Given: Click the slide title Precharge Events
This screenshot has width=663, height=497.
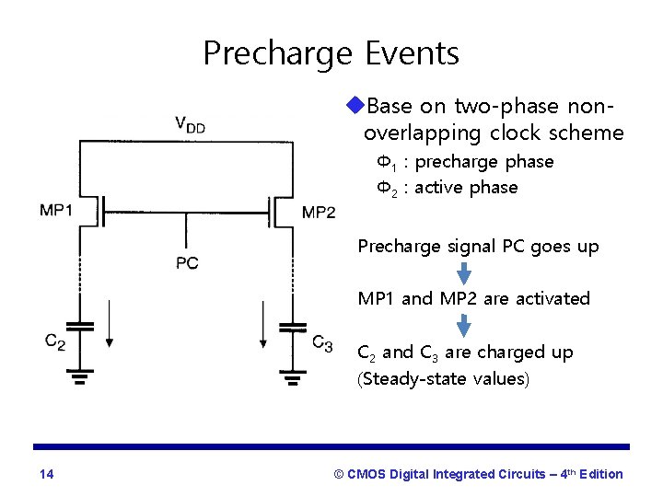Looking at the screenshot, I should point(331,53).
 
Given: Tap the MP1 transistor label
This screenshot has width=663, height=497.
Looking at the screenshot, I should point(56,211).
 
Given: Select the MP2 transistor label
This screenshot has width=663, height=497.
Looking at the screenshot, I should point(319,213).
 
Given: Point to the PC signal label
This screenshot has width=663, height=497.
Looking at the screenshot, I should point(187,263).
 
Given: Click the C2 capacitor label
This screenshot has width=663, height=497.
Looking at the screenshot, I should point(55,342).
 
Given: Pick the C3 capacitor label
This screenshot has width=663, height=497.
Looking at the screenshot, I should point(321,343).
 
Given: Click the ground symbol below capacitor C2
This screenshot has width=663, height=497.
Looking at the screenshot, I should point(80,376).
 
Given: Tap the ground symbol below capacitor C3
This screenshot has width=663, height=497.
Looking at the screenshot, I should point(292,376).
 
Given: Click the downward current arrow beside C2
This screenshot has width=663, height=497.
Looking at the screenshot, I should point(109,323).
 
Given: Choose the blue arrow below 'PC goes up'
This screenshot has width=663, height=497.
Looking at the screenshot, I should point(464,273).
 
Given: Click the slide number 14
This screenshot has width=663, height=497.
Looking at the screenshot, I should point(47,474).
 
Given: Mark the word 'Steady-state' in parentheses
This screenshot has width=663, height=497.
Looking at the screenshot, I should point(411,378).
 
